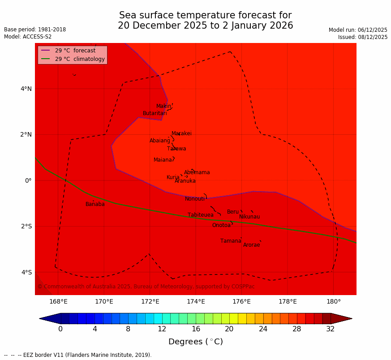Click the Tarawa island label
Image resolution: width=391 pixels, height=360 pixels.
[176, 149]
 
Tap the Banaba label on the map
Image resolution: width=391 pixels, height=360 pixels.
[95, 204]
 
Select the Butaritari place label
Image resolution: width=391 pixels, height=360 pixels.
[155, 113]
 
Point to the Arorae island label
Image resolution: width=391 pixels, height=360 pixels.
[251, 245]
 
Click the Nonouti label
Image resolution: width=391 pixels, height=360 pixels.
[195, 199]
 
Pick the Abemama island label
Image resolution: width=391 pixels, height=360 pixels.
[197, 172]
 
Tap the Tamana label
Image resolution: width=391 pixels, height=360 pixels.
[231, 241]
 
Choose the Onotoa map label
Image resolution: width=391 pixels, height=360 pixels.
[221, 225]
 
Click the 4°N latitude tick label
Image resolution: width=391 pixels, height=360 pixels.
[26, 89]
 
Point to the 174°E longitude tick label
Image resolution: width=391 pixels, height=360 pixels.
[196, 301]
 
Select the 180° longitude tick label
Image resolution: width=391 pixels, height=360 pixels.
[334, 301]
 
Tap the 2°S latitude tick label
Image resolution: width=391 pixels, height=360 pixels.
[26, 226]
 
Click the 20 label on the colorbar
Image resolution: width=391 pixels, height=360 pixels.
[229, 329]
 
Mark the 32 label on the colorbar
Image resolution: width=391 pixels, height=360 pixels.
[331, 329]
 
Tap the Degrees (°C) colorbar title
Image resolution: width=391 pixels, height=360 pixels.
[196, 342]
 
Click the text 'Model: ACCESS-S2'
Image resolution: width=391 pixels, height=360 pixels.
[28, 37]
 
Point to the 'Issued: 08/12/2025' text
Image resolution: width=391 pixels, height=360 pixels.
[363, 37]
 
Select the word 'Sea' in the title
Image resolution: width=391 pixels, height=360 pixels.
[128, 15]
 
